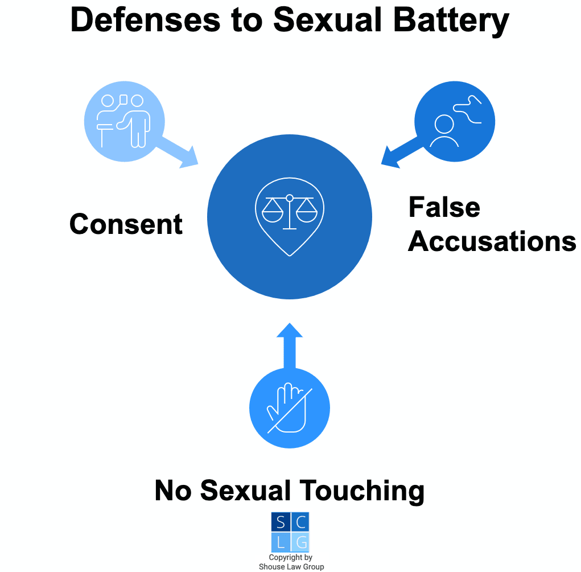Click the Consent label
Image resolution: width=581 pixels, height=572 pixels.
(x=126, y=224)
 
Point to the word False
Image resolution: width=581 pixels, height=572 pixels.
(x=444, y=207)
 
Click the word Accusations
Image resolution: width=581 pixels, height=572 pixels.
(x=492, y=241)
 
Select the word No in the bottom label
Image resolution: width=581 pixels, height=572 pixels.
(x=173, y=491)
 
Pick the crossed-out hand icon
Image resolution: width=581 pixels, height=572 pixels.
(x=290, y=408)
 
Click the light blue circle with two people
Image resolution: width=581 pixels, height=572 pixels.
(x=125, y=121)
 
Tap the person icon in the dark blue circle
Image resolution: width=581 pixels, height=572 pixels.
(x=444, y=130)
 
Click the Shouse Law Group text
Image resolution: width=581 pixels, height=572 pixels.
(x=291, y=566)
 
